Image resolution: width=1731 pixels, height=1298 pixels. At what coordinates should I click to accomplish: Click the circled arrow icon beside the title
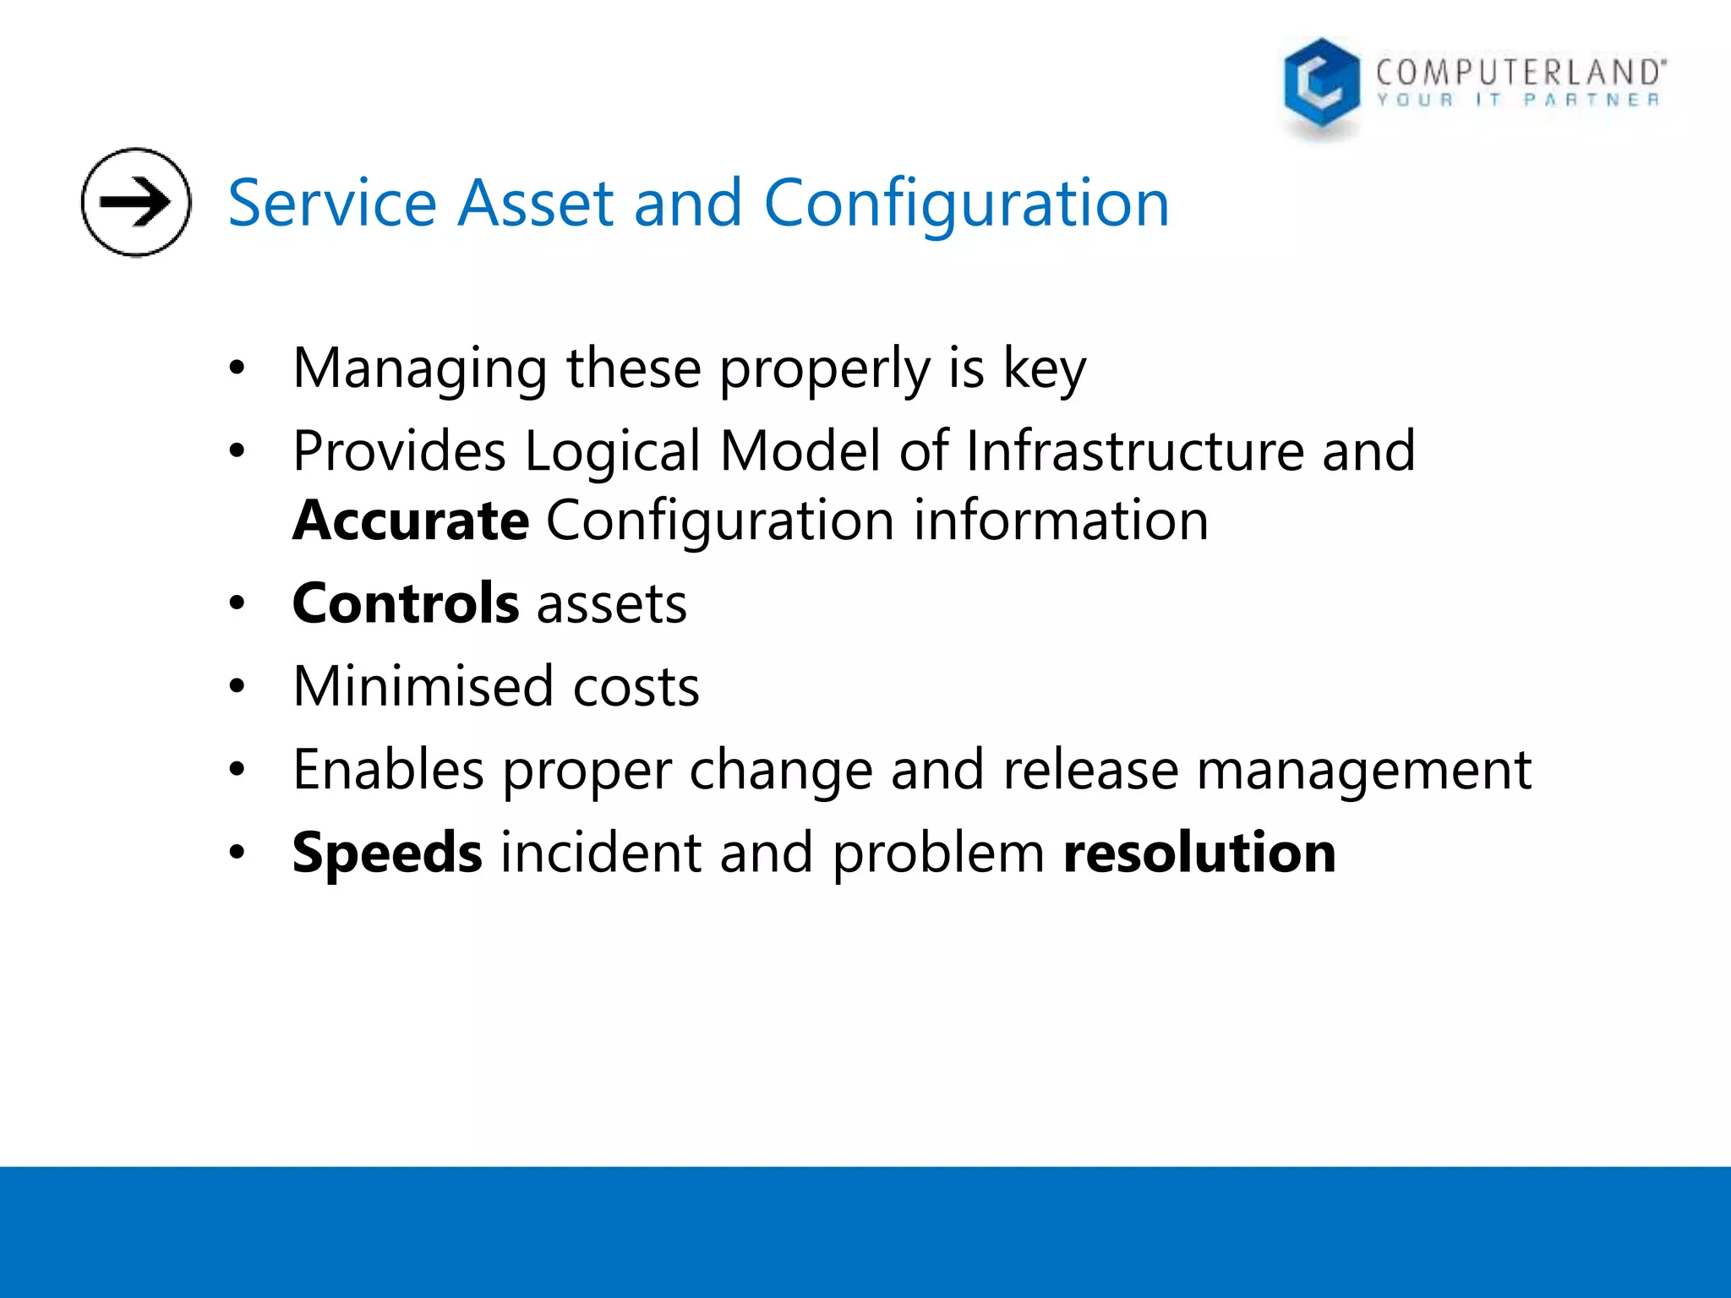136,202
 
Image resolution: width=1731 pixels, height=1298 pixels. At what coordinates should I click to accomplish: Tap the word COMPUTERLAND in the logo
1519,72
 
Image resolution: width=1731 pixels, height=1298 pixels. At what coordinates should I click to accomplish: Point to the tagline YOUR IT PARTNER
1518,101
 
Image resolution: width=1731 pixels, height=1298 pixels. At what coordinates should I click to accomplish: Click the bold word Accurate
411,520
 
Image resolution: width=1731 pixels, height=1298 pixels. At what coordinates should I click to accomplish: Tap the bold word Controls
406,603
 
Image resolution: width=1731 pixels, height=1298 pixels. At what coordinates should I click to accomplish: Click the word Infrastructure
1134,450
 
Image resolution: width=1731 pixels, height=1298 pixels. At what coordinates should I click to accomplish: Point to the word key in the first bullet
1044,369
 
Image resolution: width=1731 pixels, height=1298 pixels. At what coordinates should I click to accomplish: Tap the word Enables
388,769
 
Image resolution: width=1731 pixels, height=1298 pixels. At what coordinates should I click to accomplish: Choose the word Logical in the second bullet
612,452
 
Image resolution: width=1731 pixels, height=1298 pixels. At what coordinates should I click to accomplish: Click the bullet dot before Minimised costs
237,686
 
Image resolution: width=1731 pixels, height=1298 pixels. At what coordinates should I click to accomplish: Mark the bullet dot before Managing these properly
237,368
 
